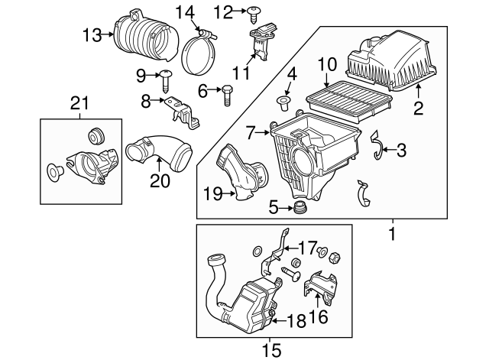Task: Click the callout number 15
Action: [272, 350]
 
